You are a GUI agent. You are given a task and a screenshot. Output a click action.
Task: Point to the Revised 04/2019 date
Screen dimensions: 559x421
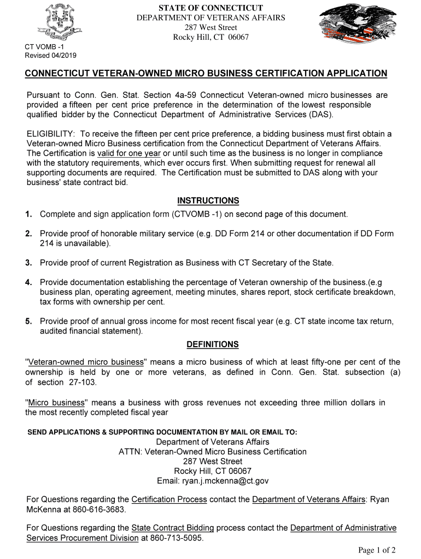pyautogui.click(x=51, y=56)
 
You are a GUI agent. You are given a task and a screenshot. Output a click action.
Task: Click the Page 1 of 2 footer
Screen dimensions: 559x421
pyautogui.click(x=377, y=550)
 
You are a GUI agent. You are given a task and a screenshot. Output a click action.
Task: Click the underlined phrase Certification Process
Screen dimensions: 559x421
pyautogui.click(x=169, y=499)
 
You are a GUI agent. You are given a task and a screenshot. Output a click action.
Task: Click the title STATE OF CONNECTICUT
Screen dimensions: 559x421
pyautogui.click(x=210, y=8)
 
